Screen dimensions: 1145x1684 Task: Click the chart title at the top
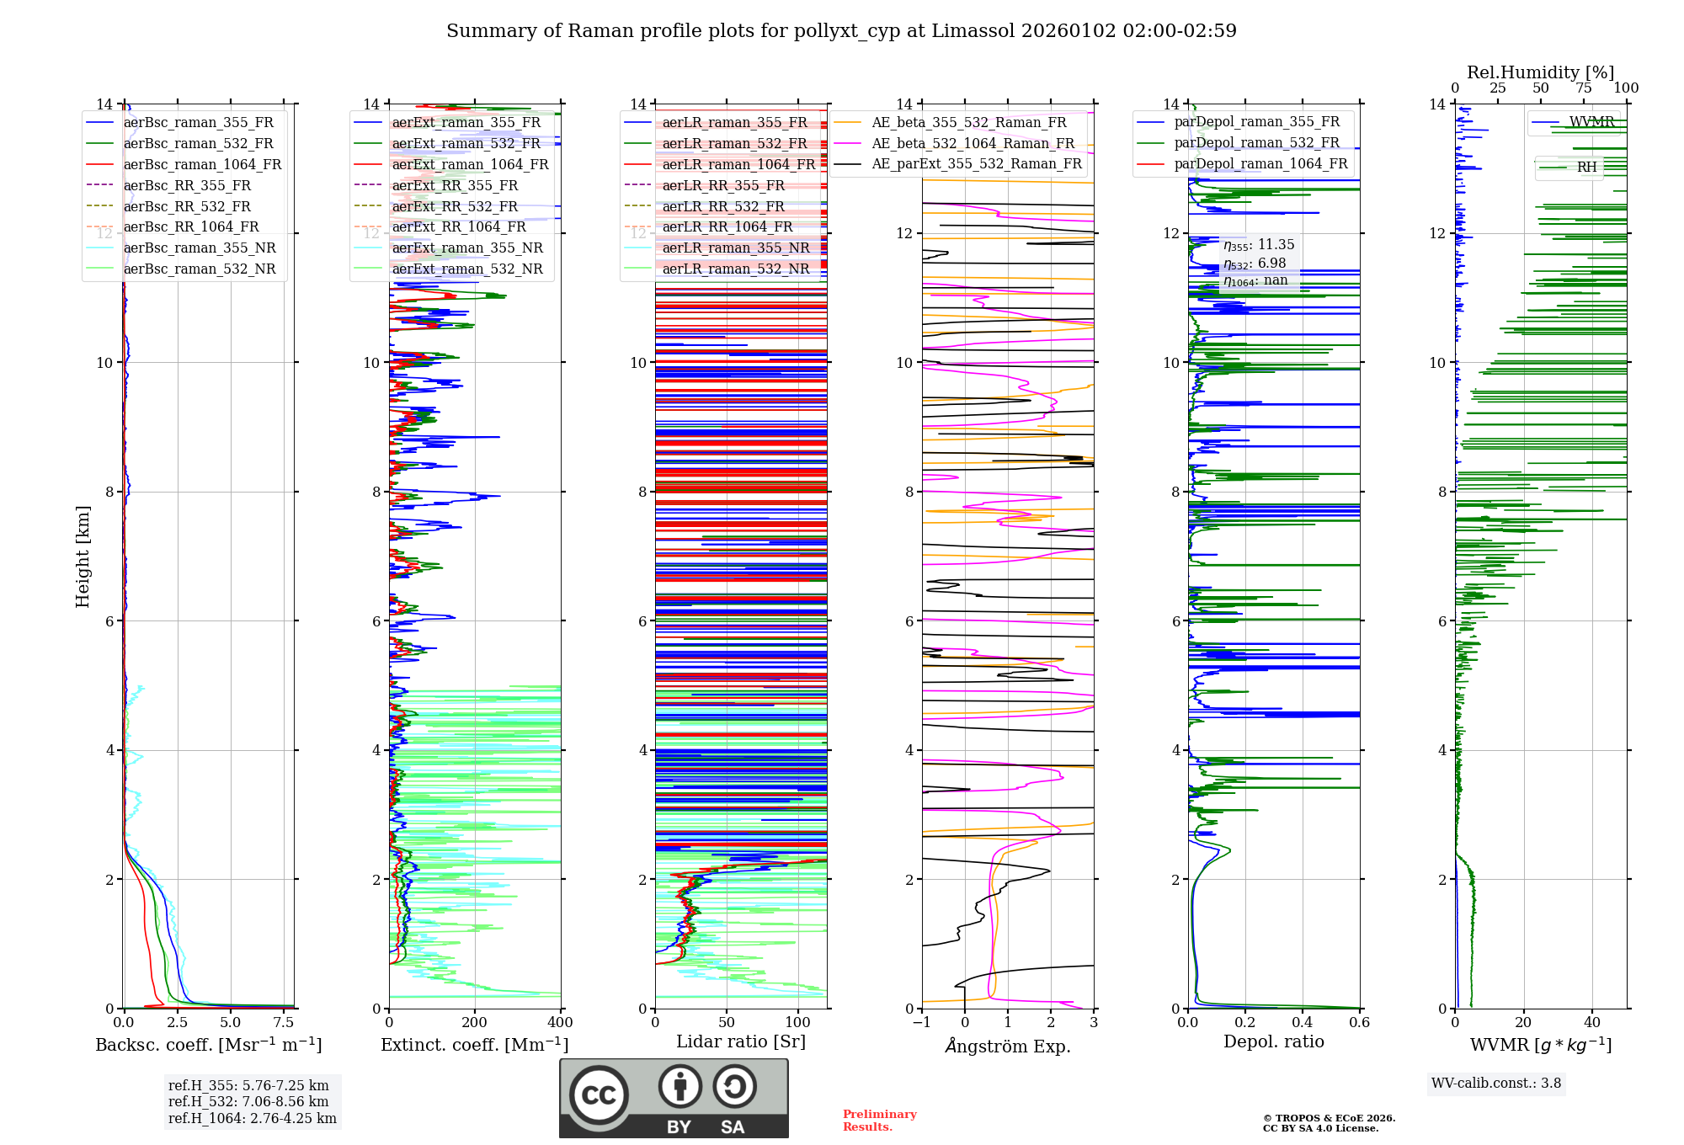click(x=841, y=31)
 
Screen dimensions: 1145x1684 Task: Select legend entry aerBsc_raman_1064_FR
click(x=202, y=164)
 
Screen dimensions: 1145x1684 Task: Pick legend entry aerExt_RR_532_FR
click(x=455, y=206)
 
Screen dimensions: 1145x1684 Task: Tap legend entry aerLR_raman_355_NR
click(x=735, y=248)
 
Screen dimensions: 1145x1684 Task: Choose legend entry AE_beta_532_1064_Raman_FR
click(x=973, y=143)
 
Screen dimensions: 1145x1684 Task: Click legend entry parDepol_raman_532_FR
click(x=1256, y=142)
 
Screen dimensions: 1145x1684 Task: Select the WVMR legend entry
click(x=1591, y=122)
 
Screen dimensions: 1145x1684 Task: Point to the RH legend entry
click(x=1586, y=167)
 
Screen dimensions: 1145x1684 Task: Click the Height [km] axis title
click(x=83, y=557)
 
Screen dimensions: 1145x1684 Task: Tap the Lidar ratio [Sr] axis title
click(x=741, y=1041)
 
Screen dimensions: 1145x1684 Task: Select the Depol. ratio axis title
click(x=1273, y=1041)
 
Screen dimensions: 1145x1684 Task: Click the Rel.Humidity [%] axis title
click(x=1540, y=72)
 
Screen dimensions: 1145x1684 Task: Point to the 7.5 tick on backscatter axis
click(x=284, y=1023)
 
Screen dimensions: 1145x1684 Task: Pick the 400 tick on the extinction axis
click(x=560, y=1023)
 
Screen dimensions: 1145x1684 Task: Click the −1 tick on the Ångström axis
click(x=921, y=1023)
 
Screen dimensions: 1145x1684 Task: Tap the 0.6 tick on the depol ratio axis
click(x=1359, y=1023)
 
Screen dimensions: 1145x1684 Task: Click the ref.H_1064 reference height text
click(x=252, y=1118)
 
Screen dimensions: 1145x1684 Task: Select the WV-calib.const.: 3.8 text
click(x=1495, y=1083)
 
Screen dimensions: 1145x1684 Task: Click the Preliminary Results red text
click(x=879, y=1120)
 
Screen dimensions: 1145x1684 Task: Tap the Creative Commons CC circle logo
click(x=599, y=1094)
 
